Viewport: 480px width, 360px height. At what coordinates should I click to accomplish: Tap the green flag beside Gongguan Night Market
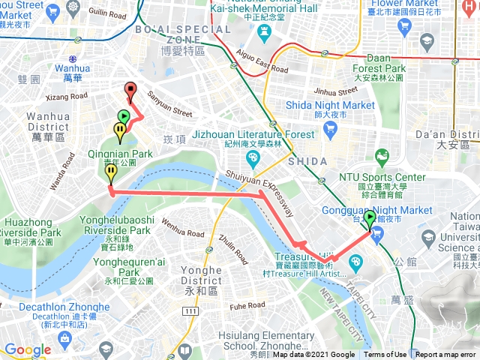370,220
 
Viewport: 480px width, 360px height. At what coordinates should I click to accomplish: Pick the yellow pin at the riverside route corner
111,174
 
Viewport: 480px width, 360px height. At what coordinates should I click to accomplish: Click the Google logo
27,349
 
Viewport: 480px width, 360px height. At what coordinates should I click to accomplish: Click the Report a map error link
446,355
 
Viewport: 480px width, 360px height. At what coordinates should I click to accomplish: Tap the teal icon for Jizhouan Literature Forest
251,157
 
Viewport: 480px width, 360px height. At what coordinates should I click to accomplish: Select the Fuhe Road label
247,305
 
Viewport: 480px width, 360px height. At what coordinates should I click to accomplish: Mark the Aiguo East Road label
261,60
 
